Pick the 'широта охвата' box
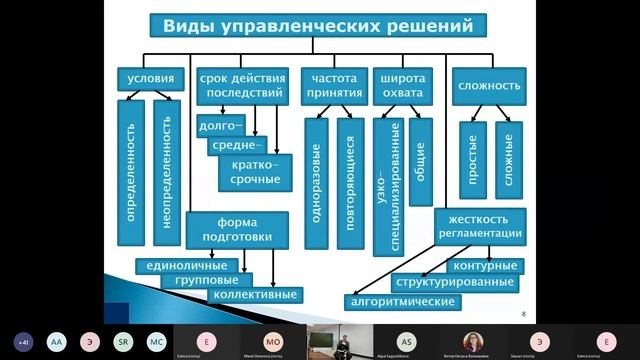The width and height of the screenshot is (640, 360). pos(402,87)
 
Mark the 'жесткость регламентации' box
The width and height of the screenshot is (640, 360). pos(479,226)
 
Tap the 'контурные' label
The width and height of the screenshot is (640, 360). pos(484,266)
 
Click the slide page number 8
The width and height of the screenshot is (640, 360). pos(525,314)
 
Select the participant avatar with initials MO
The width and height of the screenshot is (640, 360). pos(273,341)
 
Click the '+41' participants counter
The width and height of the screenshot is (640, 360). pos(21,341)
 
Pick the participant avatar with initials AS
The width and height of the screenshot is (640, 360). pos(406,341)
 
